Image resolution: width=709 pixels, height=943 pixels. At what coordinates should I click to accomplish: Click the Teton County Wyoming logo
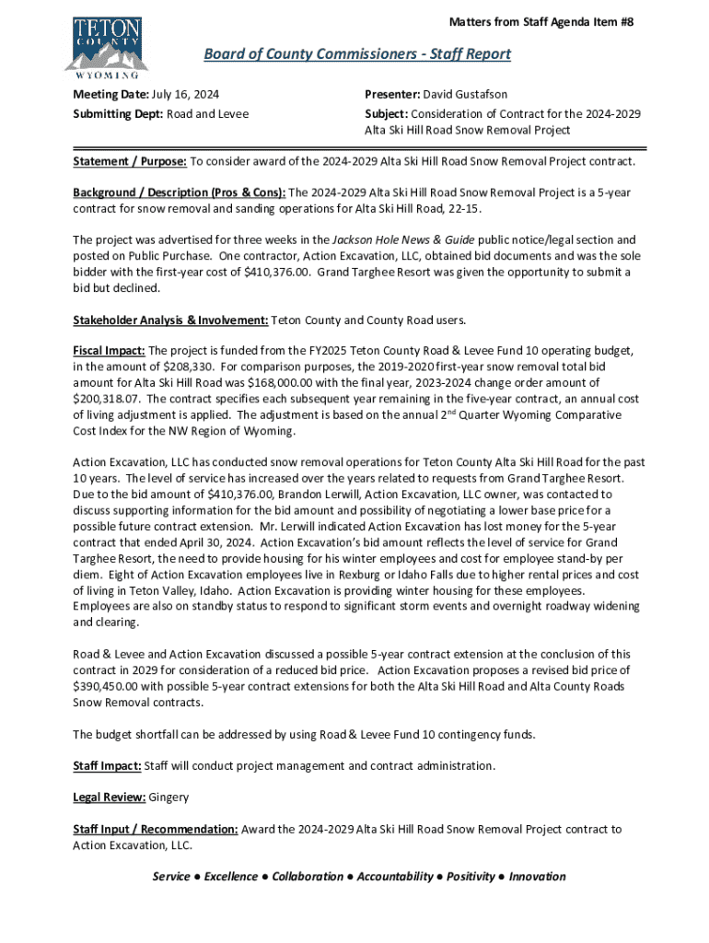pyautogui.click(x=105, y=46)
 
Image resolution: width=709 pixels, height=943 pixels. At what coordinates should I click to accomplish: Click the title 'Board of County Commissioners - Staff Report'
pyautogui.click(x=357, y=54)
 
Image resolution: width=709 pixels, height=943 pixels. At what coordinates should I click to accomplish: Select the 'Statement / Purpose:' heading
pyautogui.click(x=130, y=162)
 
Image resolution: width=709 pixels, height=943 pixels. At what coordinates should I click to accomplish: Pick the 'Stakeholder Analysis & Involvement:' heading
pyautogui.click(x=170, y=320)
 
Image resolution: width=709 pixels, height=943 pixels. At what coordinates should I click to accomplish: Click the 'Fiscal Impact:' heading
pyautogui.click(x=109, y=352)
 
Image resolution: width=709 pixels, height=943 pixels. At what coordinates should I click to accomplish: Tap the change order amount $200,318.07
pyautogui.click(x=106, y=399)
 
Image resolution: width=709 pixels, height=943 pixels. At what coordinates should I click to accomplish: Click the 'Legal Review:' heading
pyautogui.click(x=109, y=797)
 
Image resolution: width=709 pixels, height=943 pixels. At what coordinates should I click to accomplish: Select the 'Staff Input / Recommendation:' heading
pyautogui.click(x=156, y=829)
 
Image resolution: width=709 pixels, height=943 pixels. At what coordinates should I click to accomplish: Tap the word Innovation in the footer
pyautogui.click(x=537, y=877)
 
